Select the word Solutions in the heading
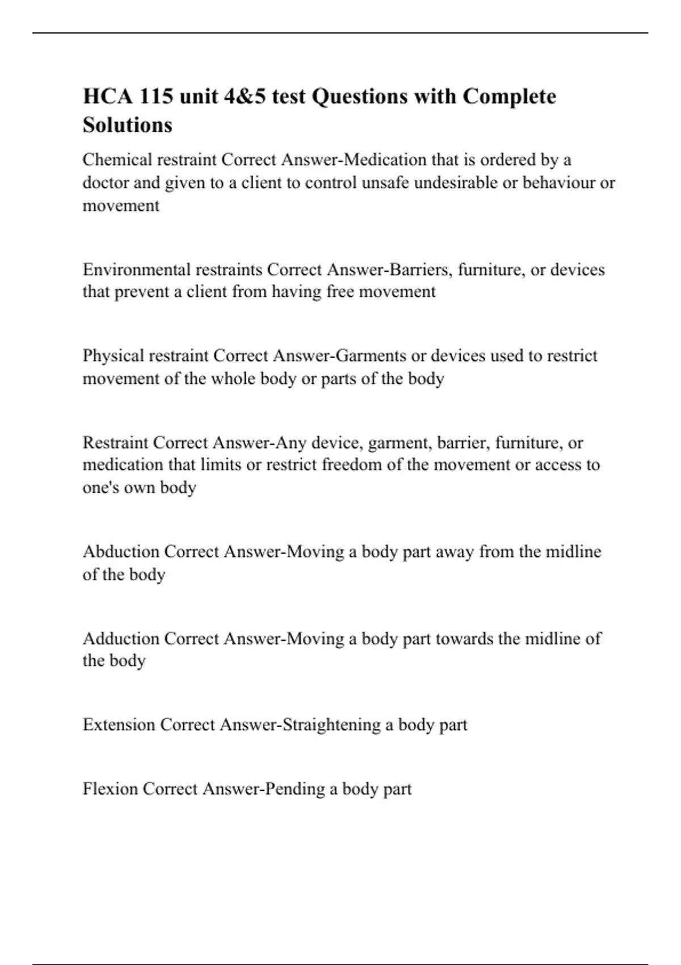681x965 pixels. tap(127, 125)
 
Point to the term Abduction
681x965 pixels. tap(121, 552)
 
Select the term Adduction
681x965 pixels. tap(121, 639)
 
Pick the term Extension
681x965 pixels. tap(119, 725)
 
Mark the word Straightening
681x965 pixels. tap(331, 725)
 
